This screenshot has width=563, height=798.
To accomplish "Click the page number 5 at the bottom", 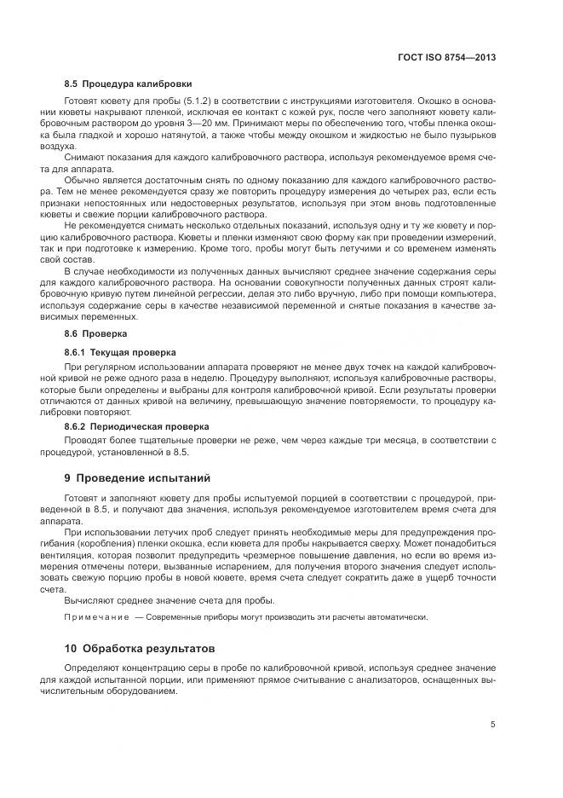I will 493,726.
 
